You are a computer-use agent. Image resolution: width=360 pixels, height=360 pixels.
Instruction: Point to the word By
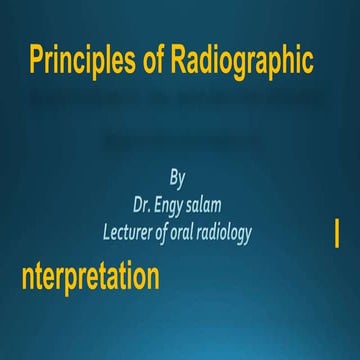178,179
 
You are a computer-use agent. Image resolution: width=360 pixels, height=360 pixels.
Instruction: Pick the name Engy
177,206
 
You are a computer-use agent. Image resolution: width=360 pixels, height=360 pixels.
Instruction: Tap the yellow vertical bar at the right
336,237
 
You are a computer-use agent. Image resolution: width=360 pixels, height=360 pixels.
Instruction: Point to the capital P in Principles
37,62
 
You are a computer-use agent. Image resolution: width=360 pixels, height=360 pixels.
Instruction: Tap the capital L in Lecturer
107,231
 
